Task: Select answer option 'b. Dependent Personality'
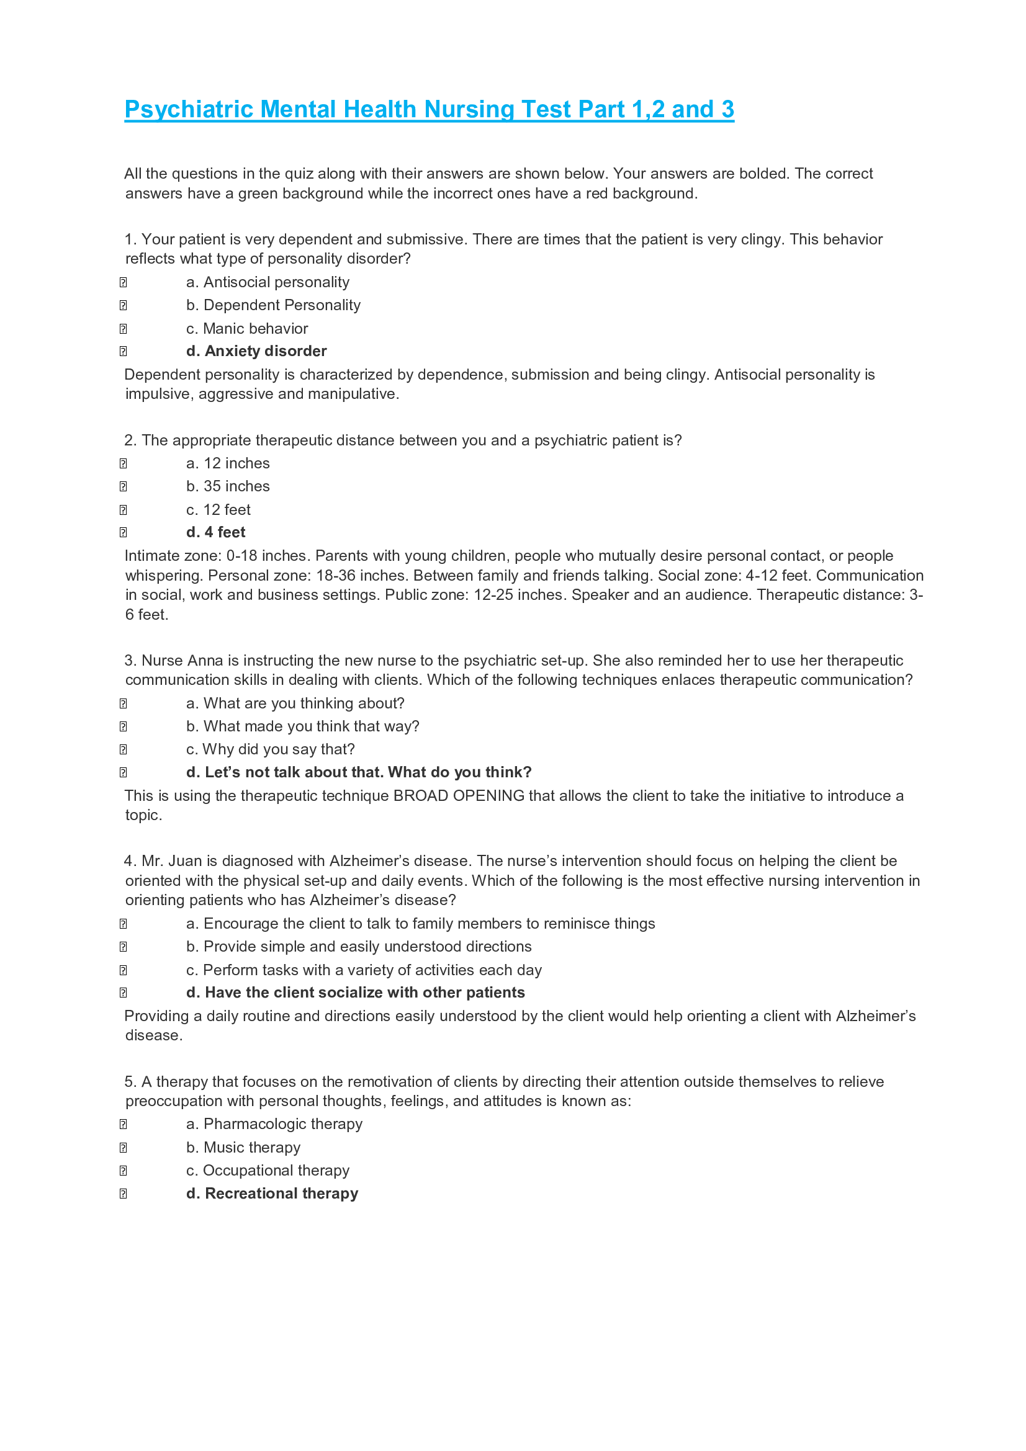273,305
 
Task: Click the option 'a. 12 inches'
228,463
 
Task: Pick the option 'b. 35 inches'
228,486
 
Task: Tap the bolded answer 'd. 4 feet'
215,532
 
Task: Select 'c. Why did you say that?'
270,749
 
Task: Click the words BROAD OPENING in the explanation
458,796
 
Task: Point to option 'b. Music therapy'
243,1147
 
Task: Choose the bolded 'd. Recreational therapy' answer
272,1193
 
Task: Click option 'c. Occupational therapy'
268,1171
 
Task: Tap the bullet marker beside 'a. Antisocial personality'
124,282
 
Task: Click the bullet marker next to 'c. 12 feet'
124,510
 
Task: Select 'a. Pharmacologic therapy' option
274,1123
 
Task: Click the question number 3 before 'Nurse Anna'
130,661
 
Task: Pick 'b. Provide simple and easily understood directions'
358,946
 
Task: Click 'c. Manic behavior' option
246,329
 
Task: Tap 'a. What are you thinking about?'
295,703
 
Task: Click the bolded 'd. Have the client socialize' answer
355,992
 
